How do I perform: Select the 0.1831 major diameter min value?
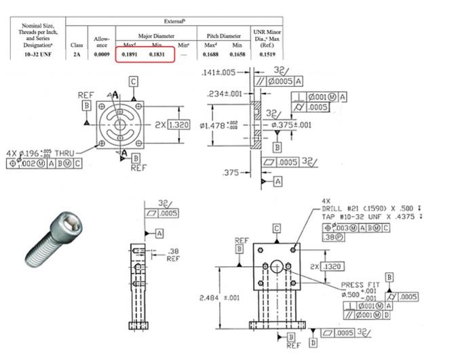point(157,53)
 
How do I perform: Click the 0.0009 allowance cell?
point(102,53)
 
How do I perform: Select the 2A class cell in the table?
point(77,53)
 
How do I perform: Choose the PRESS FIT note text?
point(360,285)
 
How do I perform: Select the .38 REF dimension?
point(173,254)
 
